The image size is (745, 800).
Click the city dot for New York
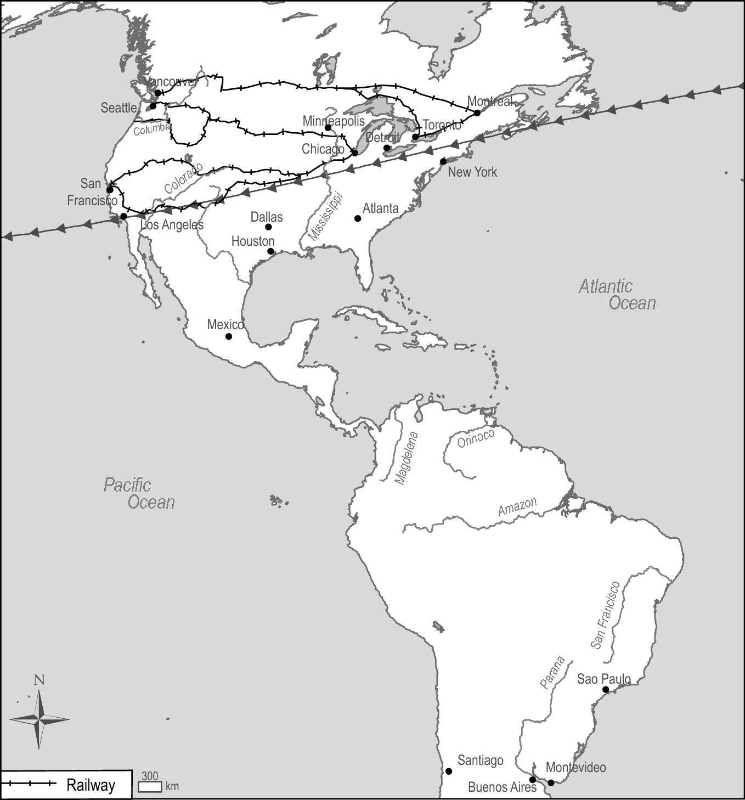(443, 161)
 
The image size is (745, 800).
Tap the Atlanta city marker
(358, 218)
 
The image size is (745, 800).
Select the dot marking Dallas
(268, 227)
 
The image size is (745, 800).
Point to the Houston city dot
(270, 251)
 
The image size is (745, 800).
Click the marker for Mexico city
(229, 336)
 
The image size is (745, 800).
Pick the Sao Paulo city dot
(606, 690)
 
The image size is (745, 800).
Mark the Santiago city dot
(449, 771)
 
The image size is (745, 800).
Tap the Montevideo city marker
(551, 782)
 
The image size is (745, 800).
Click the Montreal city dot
(477, 112)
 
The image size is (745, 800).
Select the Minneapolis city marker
(328, 128)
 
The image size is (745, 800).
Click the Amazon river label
(517, 507)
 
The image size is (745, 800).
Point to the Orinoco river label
(476, 438)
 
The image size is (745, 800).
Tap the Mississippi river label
(325, 216)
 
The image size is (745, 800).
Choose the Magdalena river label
(407, 458)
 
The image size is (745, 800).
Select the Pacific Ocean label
(139, 493)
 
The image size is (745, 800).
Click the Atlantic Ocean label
(617, 295)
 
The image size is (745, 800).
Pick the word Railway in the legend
(91, 785)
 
